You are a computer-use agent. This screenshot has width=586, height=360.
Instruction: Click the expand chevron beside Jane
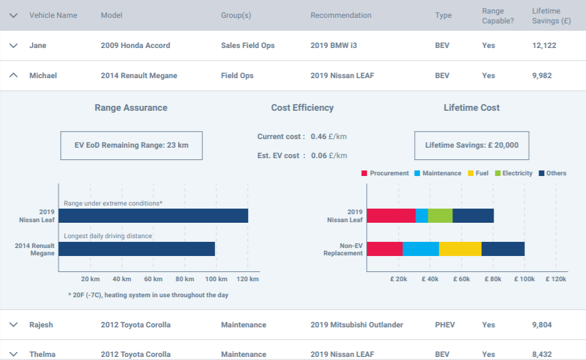[14, 46]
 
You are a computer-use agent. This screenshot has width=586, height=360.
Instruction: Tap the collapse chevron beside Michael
[14, 76]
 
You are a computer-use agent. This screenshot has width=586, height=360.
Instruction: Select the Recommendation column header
[340, 15]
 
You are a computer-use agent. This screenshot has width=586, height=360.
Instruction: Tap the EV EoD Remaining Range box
[131, 145]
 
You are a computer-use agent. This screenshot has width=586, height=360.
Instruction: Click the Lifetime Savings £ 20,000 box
[472, 145]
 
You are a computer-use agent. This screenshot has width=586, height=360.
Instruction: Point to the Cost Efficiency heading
[302, 108]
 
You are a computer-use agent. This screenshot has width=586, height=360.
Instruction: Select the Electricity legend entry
[513, 173]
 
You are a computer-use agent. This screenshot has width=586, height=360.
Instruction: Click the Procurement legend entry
[385, 173]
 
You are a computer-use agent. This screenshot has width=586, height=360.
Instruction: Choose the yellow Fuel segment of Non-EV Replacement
[460, 249]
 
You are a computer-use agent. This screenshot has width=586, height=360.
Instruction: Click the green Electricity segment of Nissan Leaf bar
[440, 215]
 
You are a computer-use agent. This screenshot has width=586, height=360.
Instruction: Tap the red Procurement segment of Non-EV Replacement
[385, 249]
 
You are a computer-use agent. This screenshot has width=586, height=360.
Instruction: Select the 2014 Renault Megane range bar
[137, 249]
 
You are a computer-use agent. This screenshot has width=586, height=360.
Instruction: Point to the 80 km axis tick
[185, 279]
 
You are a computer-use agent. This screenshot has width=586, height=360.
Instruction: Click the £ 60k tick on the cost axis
[462, 279]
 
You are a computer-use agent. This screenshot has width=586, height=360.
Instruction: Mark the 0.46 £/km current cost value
[329, 137]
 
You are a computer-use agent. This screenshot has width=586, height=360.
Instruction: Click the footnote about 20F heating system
[148, 295]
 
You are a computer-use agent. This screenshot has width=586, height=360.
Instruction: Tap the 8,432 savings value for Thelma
[542, 354]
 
